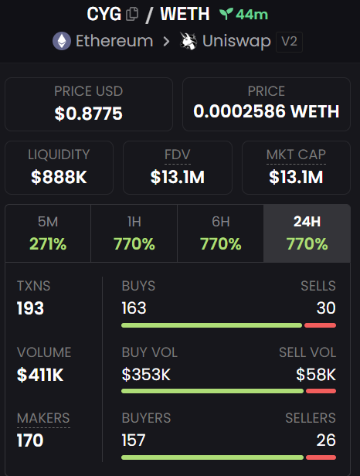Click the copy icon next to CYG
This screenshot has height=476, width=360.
(x=132, y=14)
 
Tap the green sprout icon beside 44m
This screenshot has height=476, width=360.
(x=226, y=14)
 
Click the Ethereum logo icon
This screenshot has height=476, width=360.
(x=62, y=41)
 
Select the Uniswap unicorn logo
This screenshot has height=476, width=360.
(x=188, y=41)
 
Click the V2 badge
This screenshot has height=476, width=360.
(x=289, y=42)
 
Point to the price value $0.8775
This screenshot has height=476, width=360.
(x=88, y=114)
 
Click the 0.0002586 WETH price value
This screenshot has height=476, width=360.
(x=267, y=111)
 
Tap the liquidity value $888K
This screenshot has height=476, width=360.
(x=59, y=177)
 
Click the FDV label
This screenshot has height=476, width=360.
(x=178, y=155)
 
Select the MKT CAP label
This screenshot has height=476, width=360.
(x=296, y=155)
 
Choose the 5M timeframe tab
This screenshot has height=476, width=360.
(x=48, y=233)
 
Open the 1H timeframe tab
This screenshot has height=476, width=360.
(x=134, y=233)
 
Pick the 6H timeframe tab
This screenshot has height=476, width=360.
(x=221, y=233)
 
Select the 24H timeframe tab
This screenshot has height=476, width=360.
(x=307, y=233)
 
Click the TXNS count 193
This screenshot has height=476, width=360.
(x=30, y=308)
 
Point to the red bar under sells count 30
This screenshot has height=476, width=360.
(x=321, y=325)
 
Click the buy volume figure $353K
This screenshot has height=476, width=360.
(x=146, y=374)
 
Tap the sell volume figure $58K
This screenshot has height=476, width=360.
(x=316, y=374)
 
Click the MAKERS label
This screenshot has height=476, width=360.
(x=43, y=418)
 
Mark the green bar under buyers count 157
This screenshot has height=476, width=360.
(x=212, y=457)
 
